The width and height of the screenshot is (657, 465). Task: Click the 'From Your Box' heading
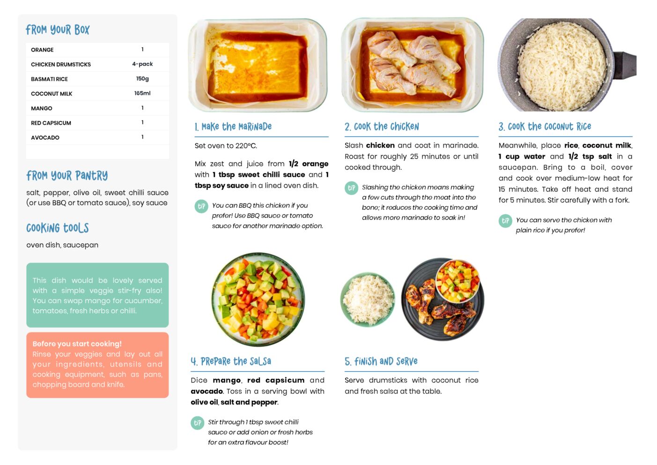coord(58,30)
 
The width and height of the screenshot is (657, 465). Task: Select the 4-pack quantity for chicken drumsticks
coord(142,64)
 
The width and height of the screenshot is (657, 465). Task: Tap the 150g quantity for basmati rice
coord(142,79)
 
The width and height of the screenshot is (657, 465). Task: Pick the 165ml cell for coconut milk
coord(142,93)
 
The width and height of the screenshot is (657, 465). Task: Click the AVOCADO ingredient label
coord(45,137)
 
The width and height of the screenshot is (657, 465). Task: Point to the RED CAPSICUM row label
coord(51,123)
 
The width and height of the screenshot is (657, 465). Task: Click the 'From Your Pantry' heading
coord(67,176)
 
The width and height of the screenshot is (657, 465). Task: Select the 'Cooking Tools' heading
coord(58,228)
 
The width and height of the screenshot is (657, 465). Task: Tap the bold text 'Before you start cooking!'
coord(77,344)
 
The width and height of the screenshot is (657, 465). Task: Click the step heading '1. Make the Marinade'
coord(233,127)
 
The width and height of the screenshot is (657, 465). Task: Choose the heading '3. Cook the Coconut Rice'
coord(545,127)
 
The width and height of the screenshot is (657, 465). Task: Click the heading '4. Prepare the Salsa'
coord(231,361)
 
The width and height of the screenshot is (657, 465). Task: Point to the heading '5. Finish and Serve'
coord(381,361)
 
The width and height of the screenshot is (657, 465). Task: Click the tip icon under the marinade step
coord(201,206)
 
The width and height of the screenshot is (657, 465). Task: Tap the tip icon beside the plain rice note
coord(505,221)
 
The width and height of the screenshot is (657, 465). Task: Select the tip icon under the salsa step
coord(198,423)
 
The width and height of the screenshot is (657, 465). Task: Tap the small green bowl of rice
coord(368,300)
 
